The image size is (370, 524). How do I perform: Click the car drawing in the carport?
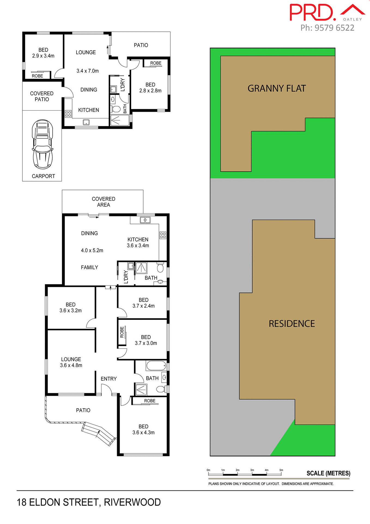coord(43,144)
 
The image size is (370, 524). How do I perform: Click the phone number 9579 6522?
coord(334,28)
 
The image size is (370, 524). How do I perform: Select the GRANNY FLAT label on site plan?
coord(277,88)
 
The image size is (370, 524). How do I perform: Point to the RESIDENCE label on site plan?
coord(292,324)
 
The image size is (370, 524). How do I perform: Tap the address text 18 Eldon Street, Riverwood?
coord(89,502)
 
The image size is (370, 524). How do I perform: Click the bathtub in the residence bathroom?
coord(156,365)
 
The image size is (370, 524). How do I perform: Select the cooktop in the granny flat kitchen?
coord(68,114)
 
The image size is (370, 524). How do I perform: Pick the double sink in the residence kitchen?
coord(145,220)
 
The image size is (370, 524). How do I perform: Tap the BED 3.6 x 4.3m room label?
coord(143,429)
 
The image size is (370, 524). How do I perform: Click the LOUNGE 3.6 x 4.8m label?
coord(71,362)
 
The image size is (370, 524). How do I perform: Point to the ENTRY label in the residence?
coord(108,379)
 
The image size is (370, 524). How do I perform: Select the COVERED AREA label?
coord(104,202)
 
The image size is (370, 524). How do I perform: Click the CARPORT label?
coord(43,176)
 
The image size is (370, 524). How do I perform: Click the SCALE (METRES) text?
coord(328,473)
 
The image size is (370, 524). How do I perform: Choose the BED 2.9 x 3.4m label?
coord(43,53)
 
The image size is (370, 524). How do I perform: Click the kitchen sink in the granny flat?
coord(86,122)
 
